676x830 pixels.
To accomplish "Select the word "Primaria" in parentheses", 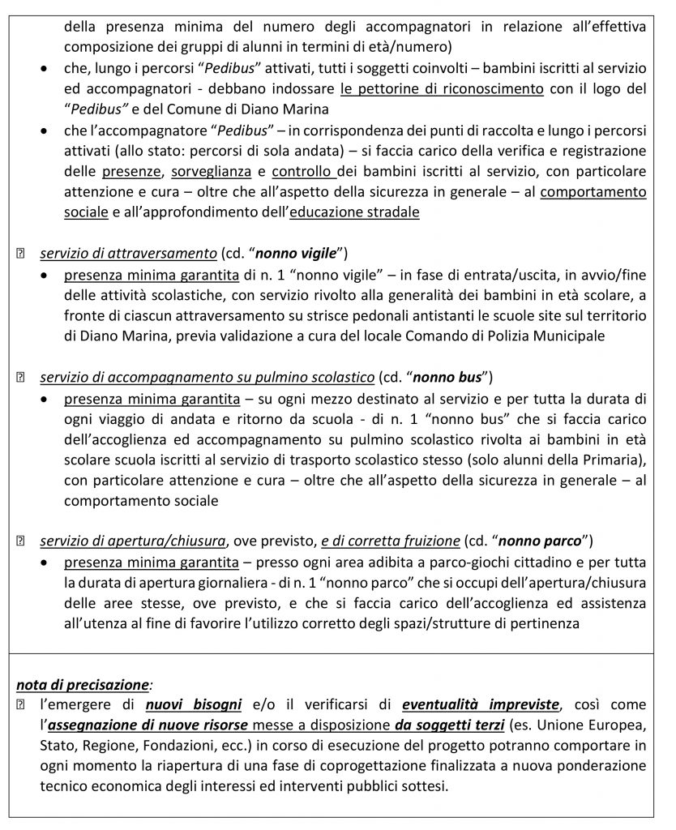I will click(610, 462).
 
